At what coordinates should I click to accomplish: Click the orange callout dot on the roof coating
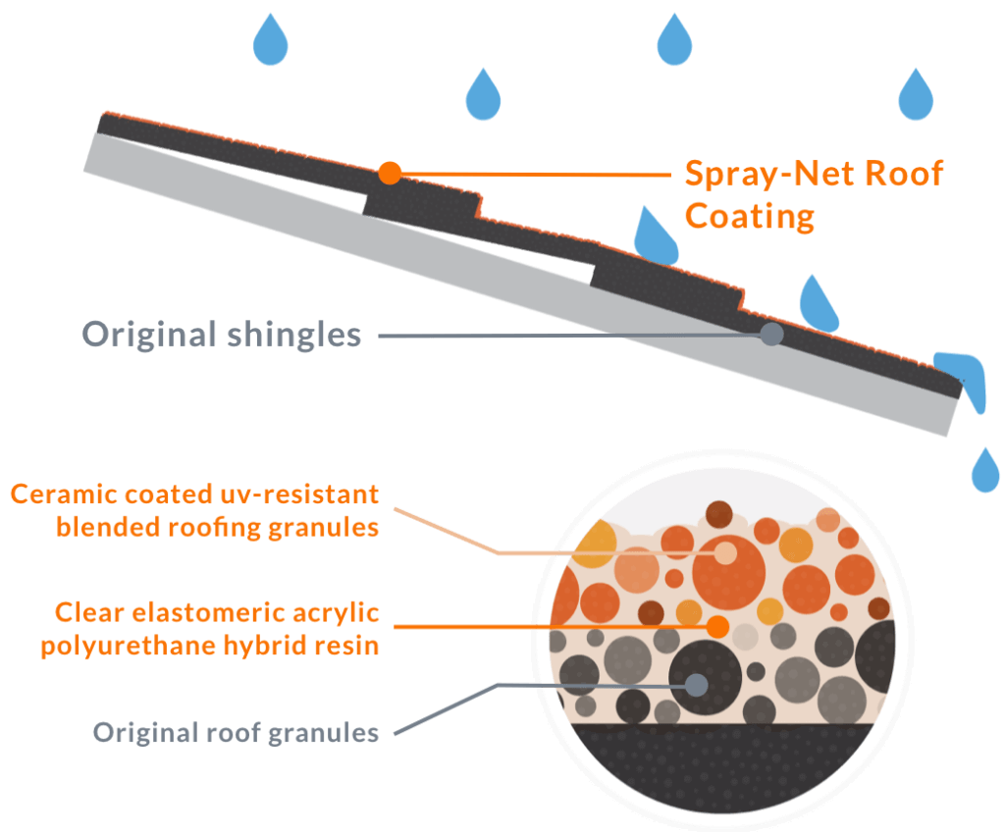tap(390, 174)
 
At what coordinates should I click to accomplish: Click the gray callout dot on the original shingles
tap(772, 334)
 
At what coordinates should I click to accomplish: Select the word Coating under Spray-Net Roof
tap(750, 215)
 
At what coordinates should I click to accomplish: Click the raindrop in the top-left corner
tap(271, 38)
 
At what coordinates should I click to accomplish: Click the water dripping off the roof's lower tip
tap(967, 378)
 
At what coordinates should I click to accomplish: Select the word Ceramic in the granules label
tap(62, 493)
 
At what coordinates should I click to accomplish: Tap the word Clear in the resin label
tap(81, 614)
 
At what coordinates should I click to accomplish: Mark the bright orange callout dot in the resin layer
tap(717, 626)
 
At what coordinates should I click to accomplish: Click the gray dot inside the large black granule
tap(696, 684)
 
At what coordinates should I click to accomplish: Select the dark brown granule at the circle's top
tap(719, 513)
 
